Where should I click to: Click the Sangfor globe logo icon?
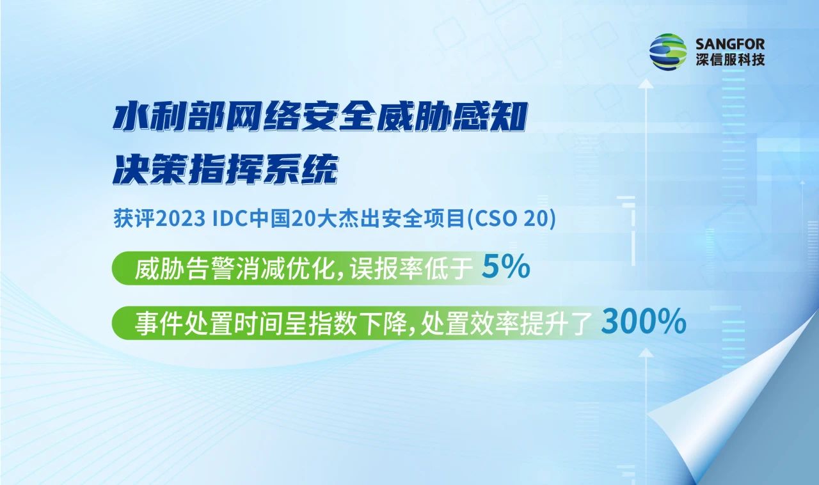click(667, 52)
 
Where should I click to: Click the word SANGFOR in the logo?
click(730, 45)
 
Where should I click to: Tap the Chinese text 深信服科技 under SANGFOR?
click(730, 60)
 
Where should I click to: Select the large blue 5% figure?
click(505, 267)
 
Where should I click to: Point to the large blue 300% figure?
click(644, 322)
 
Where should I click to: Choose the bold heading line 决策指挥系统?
click(225, 169)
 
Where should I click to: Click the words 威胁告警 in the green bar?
click(185, 269)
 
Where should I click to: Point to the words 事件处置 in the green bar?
click(185, 323)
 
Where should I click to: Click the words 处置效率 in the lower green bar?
click(470, 323)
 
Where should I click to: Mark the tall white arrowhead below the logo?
click(646, 83)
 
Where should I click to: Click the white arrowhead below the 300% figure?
click(646, 353)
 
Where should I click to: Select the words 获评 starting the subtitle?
click(134, 218)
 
